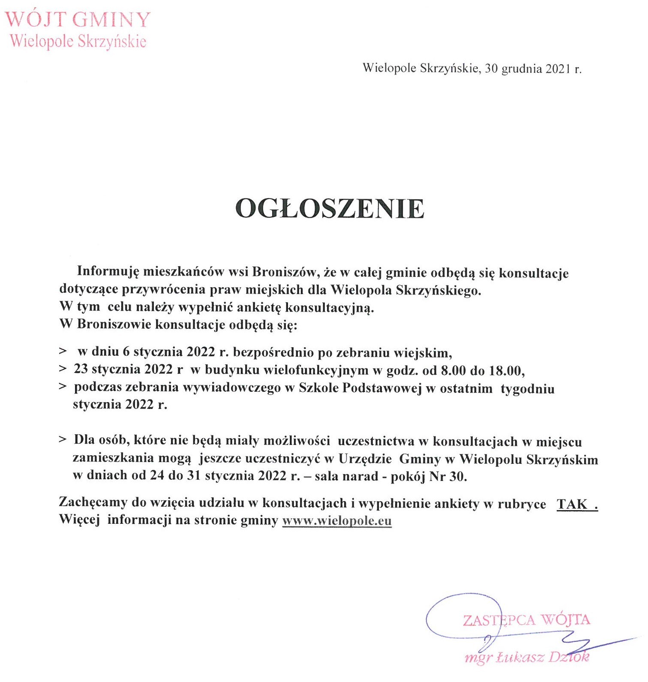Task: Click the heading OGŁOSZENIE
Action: point(330,209)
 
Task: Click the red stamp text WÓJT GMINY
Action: point(78,20)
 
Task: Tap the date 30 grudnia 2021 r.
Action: point(533,69)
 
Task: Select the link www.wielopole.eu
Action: point(337,521)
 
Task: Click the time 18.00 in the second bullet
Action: point(506,370)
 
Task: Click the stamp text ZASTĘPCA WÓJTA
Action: point(526,620)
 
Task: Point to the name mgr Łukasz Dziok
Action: point(527,657)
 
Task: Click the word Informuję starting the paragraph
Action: point(108,272)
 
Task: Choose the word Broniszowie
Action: point(114,324)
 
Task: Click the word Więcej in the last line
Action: point(79,520)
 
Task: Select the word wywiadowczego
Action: point(232,388)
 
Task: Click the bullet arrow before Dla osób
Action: point(63,440)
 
